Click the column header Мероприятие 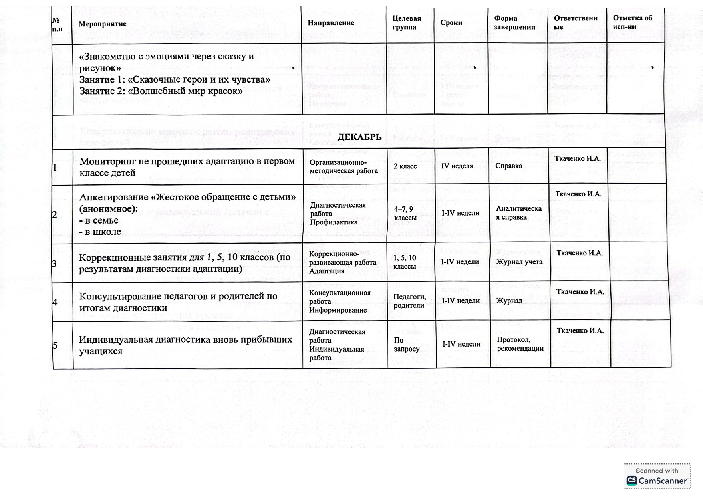[x=102, y=24]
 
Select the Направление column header [x=331, y=23]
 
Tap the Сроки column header [x=451, y=23]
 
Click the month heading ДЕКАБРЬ [x=359, y=137]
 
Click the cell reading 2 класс [x=405, y=166]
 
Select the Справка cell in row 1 [x=508, y=166]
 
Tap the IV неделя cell [x=457, y=166]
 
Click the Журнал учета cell [x=519, y=262]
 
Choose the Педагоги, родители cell [x=409, y=301]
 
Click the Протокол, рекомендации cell [x=520, y=344]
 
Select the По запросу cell [x=406, y=344]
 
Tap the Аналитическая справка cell [x=518, y=213]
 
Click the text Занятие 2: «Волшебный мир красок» [x=161, y=91]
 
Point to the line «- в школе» [x=100, y=232]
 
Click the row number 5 [x=55, y=345]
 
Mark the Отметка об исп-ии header [x=632, y=22]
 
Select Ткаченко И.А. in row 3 [x=580, y=253]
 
